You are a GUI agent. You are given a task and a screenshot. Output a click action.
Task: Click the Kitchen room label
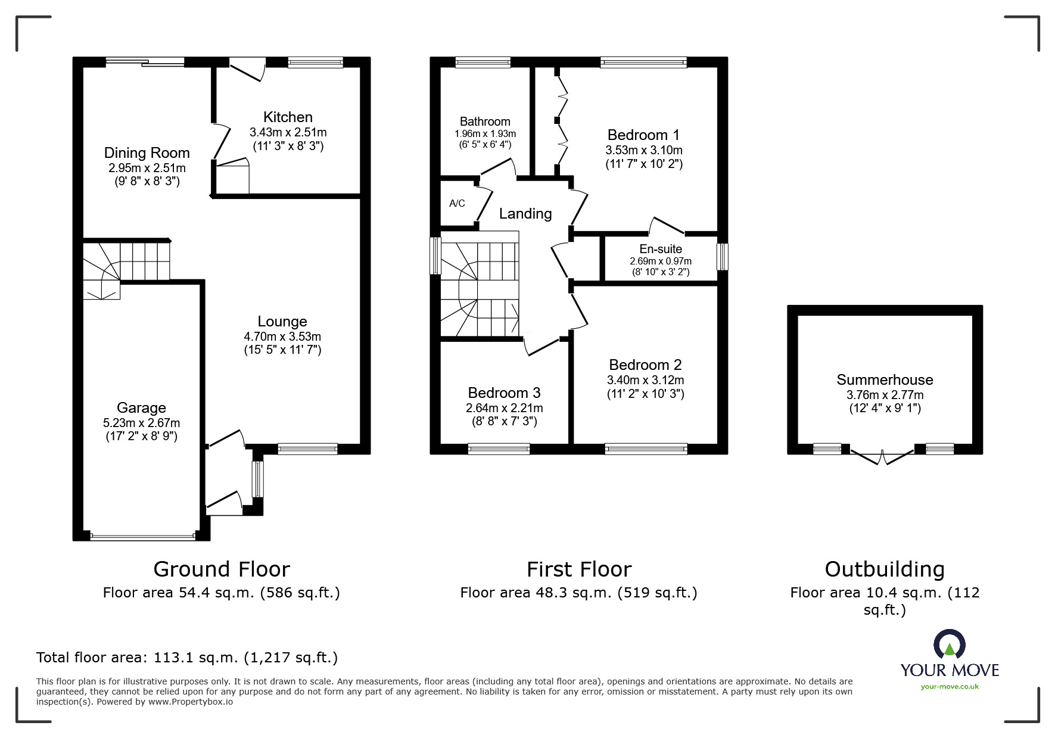(x=288, y=117)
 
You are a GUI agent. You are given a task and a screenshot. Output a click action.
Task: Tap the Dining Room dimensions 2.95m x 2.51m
(x=147, y=169)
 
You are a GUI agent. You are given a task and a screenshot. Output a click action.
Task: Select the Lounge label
(x=282, y=322)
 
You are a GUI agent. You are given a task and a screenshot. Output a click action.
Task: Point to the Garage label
(x=141, y=408)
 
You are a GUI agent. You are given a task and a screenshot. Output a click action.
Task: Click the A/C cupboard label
(x=457, y=204)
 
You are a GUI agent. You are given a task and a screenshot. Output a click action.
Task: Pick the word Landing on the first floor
(x=525, y=214)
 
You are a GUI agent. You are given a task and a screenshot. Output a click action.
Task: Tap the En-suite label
(x=661, y=249)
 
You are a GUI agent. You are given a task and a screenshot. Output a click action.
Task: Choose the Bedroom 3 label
(x=504, y=393)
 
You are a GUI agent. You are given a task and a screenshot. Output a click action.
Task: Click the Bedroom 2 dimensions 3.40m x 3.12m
(x=645, y=380)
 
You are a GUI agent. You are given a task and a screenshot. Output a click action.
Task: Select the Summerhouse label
(x=885, y=380)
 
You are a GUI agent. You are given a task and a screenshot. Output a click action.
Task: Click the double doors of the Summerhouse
(x=882, y=457)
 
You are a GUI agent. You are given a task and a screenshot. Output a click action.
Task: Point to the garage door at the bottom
(x=143, y=537)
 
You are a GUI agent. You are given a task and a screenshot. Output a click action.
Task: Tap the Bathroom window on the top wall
(x=483, y=62)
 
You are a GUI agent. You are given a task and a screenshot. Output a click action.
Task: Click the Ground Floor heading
(x=222, y=569)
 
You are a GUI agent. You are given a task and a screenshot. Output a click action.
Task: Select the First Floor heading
(x=578, y=569)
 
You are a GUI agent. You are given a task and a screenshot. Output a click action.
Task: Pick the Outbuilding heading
(x=885, y=569)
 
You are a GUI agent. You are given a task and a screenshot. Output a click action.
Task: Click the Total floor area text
(x=187, y=658)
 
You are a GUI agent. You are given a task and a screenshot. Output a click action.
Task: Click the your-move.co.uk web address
(x=950, y=687)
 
